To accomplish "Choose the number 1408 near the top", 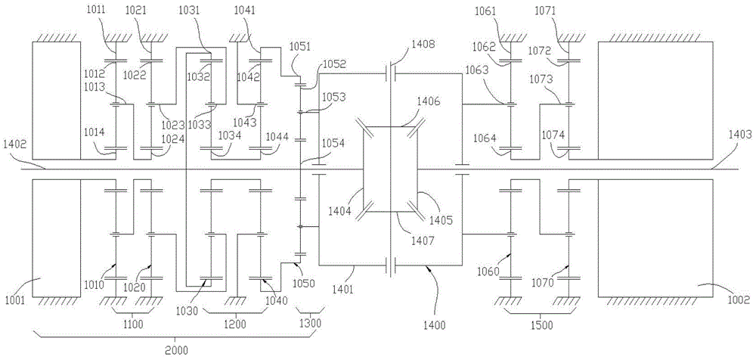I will (x=423, y=46).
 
